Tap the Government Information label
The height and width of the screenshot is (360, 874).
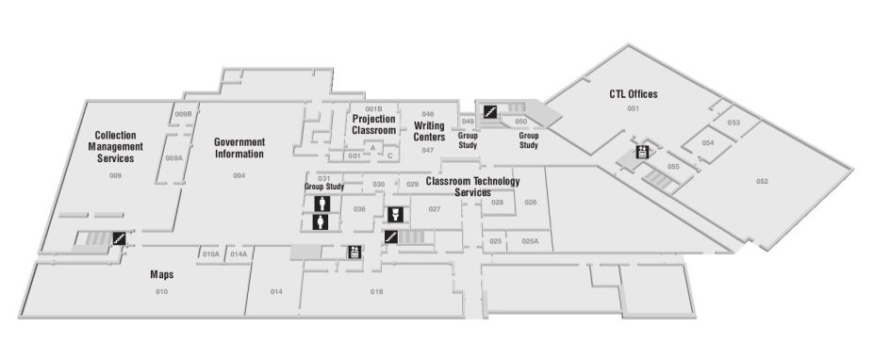point(239,148)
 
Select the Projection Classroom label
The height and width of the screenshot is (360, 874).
point(374,124)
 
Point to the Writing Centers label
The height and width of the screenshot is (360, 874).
point(428,131)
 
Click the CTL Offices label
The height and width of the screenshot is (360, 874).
point(634,94)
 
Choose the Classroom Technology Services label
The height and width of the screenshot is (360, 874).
point(472,187)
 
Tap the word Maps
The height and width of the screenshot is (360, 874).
point(161,275)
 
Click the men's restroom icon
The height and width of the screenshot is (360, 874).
point(322,204)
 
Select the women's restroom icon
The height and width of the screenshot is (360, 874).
point(322,222)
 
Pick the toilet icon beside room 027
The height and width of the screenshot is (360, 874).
point(396,214)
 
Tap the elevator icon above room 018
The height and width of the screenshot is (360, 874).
point(355,251)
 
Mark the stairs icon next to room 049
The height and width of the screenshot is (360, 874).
point(489,111)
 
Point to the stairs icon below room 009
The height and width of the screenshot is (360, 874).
point(120,238)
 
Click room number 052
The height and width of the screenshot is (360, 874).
point(762,181)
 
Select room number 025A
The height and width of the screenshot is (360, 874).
point(530,242)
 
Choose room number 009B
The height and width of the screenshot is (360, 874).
point(184,114)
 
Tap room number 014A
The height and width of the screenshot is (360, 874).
point(239,254)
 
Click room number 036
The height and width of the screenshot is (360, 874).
point(359,209)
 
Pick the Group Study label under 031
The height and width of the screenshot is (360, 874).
point(323,187)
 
